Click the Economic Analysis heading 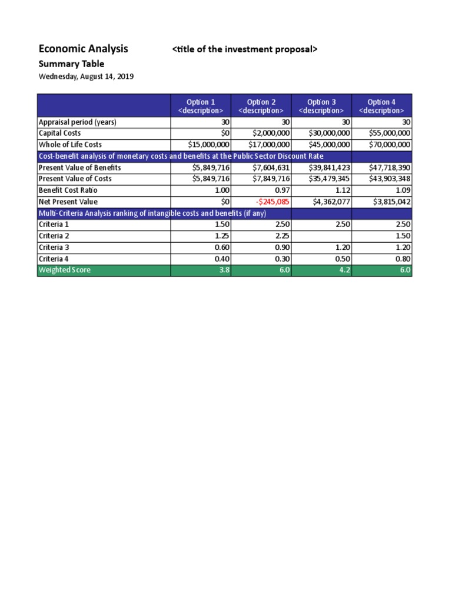tap(83, 49)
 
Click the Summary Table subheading tap(71, 63)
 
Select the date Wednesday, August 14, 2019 tap(86, 77)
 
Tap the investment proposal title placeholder tap(244, 49)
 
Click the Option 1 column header tap(201, 106)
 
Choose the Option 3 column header tap(321, 106)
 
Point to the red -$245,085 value tap(272, 202)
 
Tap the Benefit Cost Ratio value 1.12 tap(341, 190)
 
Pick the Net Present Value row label tap(68, 202)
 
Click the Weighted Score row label tap(65, 270)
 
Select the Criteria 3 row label tap(54, 248)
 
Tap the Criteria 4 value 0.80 tap(401, 259)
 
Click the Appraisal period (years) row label tap(77, 122)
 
